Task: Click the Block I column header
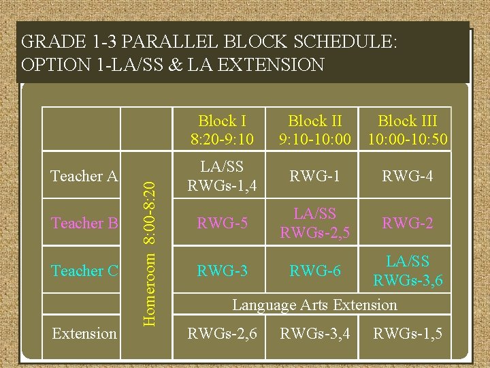[x=222, y=130]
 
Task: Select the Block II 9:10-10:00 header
[x=315, y=130]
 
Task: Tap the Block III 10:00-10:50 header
[x=407, y=130]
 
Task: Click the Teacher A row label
[x=85, y=176]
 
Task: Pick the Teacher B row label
[x=85, y=223]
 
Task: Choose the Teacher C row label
[x=85, y=271]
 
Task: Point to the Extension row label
[x=84, y=333]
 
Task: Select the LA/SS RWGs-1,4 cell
[x=222, y=175]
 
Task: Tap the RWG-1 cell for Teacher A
[x=315, y=176]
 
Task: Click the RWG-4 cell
[x=407, y=176]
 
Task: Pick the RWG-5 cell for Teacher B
[x=222, y=223]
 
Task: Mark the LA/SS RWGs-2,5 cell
[x=315, y=223]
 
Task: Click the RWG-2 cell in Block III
[x=407, y=223]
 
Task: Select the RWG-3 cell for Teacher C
[x=222, y=271]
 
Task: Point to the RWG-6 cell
[x=315, y=271]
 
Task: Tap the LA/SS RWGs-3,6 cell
[x=407, y=270]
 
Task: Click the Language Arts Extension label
[x=314, y=305]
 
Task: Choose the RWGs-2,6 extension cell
[x=222, y=333]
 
